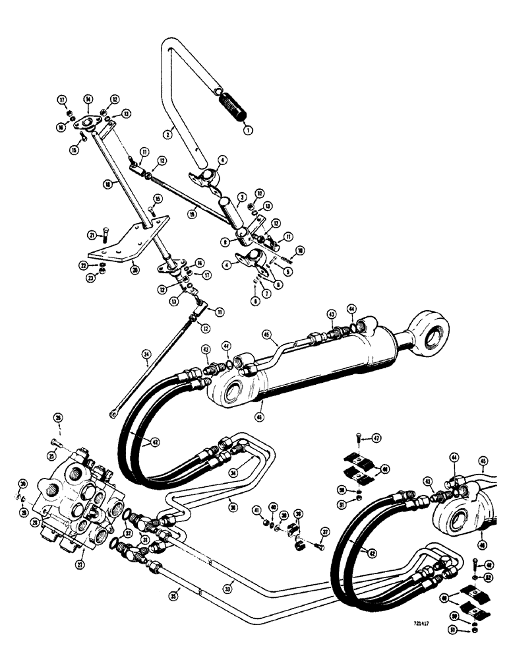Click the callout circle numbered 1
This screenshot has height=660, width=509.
tap(248, 131)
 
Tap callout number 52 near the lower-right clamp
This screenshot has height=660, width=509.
tap(489, 577)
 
